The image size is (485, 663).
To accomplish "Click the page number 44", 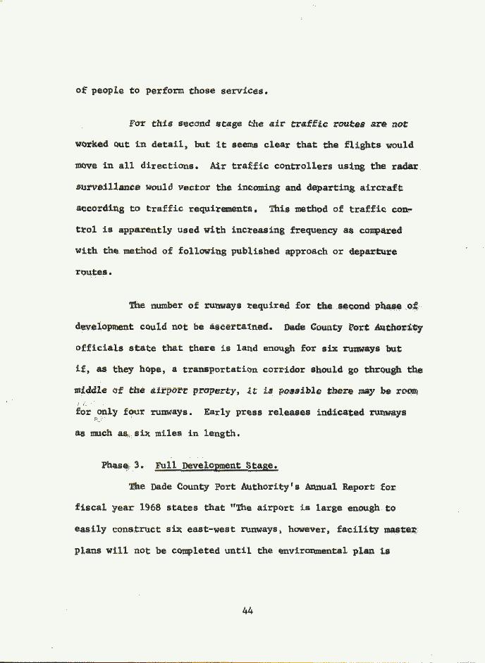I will click(247, 611).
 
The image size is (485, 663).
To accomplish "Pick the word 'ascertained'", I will click(244, 328).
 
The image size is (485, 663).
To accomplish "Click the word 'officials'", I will click(100, 349).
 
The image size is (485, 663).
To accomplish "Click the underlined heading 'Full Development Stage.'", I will click(216, 466).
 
